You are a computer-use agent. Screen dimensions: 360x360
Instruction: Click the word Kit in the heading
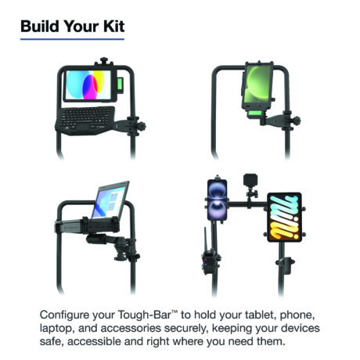(x=114, y=27)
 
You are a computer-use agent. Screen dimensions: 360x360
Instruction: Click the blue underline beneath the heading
(x=72, y=39)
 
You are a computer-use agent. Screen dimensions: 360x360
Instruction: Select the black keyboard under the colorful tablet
(x=85, y=121)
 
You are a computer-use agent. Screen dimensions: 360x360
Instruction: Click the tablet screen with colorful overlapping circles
(x=88, y=85)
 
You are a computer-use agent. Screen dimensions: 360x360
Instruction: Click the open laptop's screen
(x=110, y=200)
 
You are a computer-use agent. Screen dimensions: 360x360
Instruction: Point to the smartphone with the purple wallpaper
(x=217, y=200)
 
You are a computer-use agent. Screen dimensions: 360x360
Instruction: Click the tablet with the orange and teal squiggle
(x=284, y=218)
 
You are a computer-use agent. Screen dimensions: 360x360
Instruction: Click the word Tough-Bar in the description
(x=145, y=315)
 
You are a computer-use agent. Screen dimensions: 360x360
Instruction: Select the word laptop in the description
(x=56, y=329)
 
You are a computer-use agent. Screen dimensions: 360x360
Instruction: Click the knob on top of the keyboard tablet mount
(x=104, y=60)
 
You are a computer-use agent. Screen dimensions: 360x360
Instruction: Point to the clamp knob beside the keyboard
(x=142, y=127)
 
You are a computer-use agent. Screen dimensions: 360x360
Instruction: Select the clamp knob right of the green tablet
(x=296, y=121)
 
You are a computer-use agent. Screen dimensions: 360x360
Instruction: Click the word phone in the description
(x=296, y=315)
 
